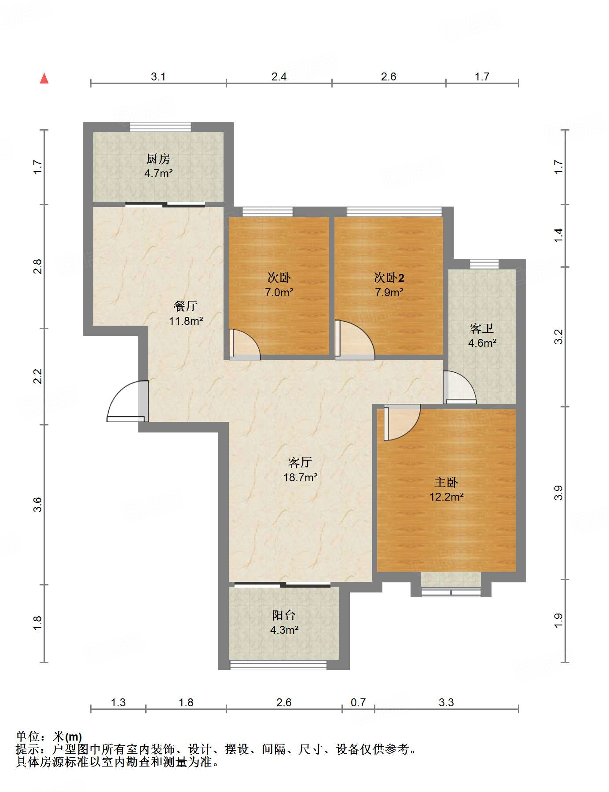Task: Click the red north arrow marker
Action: [44, 78]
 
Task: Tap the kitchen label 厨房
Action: [158, 159]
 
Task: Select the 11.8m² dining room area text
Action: [186, 321]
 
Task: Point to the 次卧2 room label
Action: [389, 278]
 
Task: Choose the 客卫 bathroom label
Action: [482, 328]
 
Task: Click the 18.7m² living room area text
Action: [301, 477]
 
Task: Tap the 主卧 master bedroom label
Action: [446, 483]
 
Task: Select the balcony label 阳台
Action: [284, 615]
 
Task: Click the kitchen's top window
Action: [161, 127]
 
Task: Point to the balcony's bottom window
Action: [279, 665]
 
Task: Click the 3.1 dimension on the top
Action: [158, 77]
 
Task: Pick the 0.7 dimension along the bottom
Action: [358, 703]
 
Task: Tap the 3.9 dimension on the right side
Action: [558, 493]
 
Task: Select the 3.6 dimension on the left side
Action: [37, 505]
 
